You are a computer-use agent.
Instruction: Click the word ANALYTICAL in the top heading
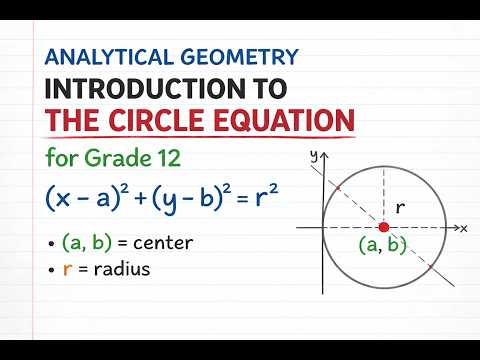click(104, 58)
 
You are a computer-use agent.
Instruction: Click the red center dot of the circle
click(383, 227)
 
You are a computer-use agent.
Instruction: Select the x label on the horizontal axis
click(464, 228)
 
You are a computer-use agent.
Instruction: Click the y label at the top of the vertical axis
click(313, 155)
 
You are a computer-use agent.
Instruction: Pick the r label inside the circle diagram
click(400, 209)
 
